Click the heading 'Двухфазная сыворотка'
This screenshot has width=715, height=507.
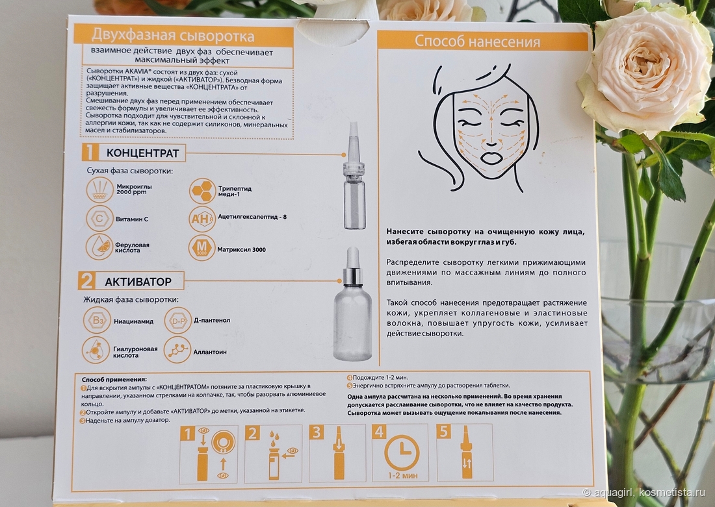click(x=173, y=36)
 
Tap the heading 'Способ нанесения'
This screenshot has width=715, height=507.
click(x=477, y=42)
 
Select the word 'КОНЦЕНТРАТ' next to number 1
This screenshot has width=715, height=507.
click(x=142, y=153)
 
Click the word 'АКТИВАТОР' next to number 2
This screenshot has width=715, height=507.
click(x=138, y=282)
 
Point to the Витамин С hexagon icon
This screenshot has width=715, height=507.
click(x=99, y=219)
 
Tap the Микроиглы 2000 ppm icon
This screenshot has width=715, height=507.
click(x=99, y=190)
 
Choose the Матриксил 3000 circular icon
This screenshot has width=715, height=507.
click(x=201, y=249)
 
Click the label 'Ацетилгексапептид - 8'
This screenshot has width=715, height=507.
click(x=252, y=217)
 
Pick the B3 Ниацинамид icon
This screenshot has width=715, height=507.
click(x=97, y=320)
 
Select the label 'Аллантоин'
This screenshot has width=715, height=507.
click(x=210, y=352)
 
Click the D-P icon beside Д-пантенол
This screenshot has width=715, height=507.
click(x=177, y=321)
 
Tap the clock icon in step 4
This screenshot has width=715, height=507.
click(x=402, y=452)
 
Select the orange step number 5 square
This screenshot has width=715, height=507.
click(x=444, y=432)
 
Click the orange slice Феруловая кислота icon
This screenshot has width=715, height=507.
click(x=99, y=247)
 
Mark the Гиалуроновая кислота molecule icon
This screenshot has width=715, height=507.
click(x=96, y=350)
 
